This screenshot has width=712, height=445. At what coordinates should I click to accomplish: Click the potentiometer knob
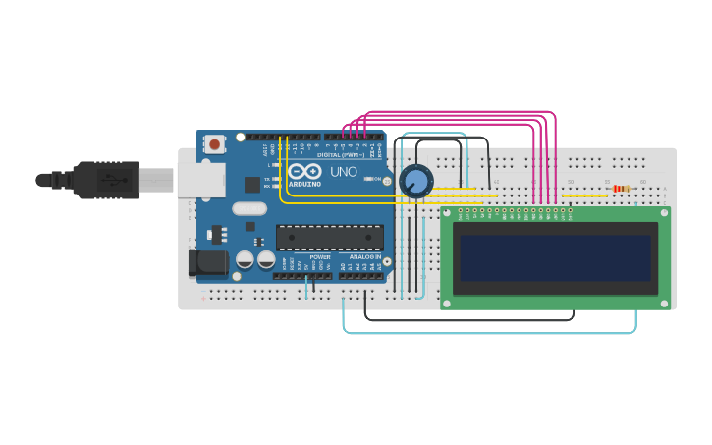tap(415, 181)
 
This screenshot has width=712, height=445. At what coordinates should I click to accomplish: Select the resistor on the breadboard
tap(621, 188)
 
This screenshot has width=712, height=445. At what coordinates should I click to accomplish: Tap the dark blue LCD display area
tap(556, 257)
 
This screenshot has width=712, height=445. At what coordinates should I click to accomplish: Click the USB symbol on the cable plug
tap(110, 181)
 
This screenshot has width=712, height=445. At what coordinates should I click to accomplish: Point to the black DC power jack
tap(207, 262)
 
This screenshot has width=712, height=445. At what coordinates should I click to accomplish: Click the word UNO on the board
tap(344, 172)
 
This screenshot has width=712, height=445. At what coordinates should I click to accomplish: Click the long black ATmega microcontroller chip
tap(330, 238)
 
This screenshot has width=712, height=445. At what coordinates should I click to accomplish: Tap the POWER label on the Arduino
tap(320, 257)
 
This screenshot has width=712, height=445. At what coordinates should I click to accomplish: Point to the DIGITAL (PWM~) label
tap(340, 155)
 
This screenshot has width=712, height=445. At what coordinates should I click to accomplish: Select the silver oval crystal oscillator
tap(249, 208)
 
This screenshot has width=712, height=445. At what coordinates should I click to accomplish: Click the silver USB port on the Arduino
tap(201, 180)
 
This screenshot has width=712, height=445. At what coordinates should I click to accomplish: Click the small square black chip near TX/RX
tap(252, 184)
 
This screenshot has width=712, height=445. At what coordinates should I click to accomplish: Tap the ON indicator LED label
tap(377, 179)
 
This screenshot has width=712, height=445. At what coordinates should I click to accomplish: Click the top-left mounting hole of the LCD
tap(448, 212)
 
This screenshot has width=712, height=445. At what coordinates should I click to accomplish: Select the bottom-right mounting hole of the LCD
tap(664, 303)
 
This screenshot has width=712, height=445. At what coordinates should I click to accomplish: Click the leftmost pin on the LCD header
tap(460, 210)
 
